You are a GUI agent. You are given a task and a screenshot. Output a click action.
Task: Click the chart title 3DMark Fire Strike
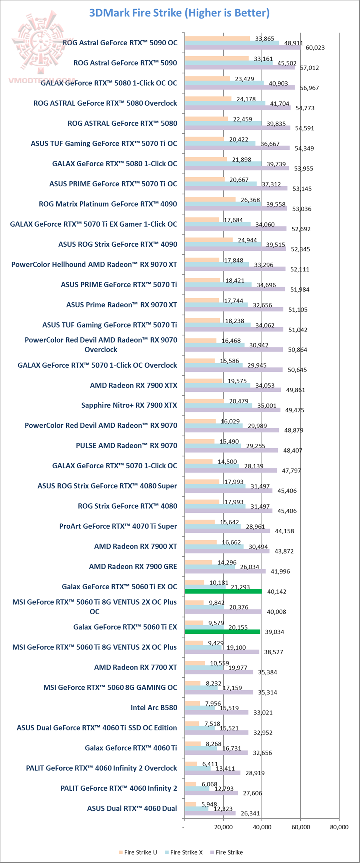click(x=179, y=13)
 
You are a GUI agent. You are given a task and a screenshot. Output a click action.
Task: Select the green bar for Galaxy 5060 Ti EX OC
click(x=223, y=591)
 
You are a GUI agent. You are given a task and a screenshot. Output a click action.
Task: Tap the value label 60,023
click(x=315, y=48)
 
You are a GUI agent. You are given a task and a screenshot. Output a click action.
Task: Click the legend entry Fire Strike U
click(x=138, y=852)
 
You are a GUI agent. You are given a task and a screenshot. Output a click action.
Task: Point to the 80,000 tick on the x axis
click(x=339, y=828)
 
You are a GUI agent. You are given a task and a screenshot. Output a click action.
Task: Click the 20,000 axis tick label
click(x=223, y=828)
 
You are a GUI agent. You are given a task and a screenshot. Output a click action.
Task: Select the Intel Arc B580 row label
click(x=154, y=707)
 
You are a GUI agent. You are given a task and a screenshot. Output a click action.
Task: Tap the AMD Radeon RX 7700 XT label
click(x=135, y=667)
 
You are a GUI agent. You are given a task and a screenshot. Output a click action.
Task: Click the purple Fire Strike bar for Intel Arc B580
click(x=216, y=712)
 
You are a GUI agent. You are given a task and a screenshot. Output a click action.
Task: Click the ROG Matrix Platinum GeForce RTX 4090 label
click(x=108, y=204)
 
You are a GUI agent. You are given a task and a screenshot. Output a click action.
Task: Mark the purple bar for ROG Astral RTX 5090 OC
click(x=242, y=48)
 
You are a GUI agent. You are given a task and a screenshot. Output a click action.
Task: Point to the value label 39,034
click(x=274, y=632)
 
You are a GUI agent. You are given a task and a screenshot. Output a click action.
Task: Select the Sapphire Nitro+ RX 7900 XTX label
click(x=129, y=405)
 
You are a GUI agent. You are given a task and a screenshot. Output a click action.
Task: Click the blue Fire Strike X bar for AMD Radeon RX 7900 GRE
click(x=210, y=566)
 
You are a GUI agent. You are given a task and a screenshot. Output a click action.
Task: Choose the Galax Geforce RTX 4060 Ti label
click(x=131, y=748)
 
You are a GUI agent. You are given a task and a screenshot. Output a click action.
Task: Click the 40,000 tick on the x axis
click(x=262, y=828)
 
